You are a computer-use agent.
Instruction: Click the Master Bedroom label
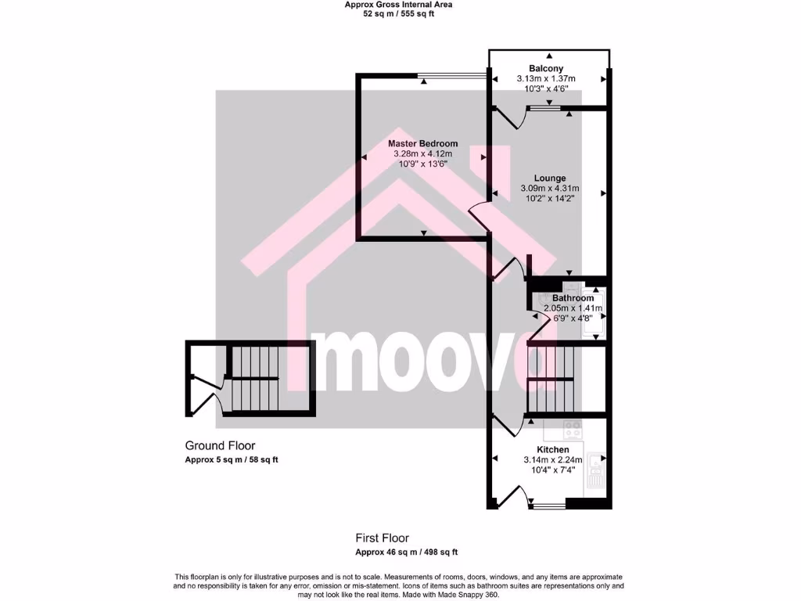423,144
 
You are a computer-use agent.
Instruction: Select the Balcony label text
545,69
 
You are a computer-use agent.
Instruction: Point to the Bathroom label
573,298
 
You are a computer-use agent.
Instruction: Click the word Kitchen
552,449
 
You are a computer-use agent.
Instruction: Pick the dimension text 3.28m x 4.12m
423,154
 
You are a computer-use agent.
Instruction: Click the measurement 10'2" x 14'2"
550,199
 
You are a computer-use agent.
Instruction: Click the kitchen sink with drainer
596,470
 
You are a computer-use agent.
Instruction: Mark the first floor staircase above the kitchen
551,377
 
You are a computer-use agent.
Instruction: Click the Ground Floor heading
220,446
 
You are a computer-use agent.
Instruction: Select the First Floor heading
383,538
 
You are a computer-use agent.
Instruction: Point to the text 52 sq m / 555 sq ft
398,14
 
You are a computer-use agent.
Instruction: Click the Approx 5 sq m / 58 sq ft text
231,459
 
